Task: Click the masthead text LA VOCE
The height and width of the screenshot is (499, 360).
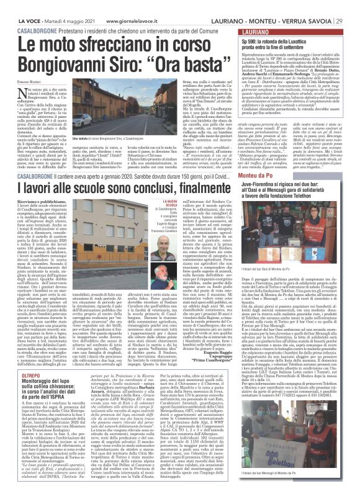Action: (x=16, y=6)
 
